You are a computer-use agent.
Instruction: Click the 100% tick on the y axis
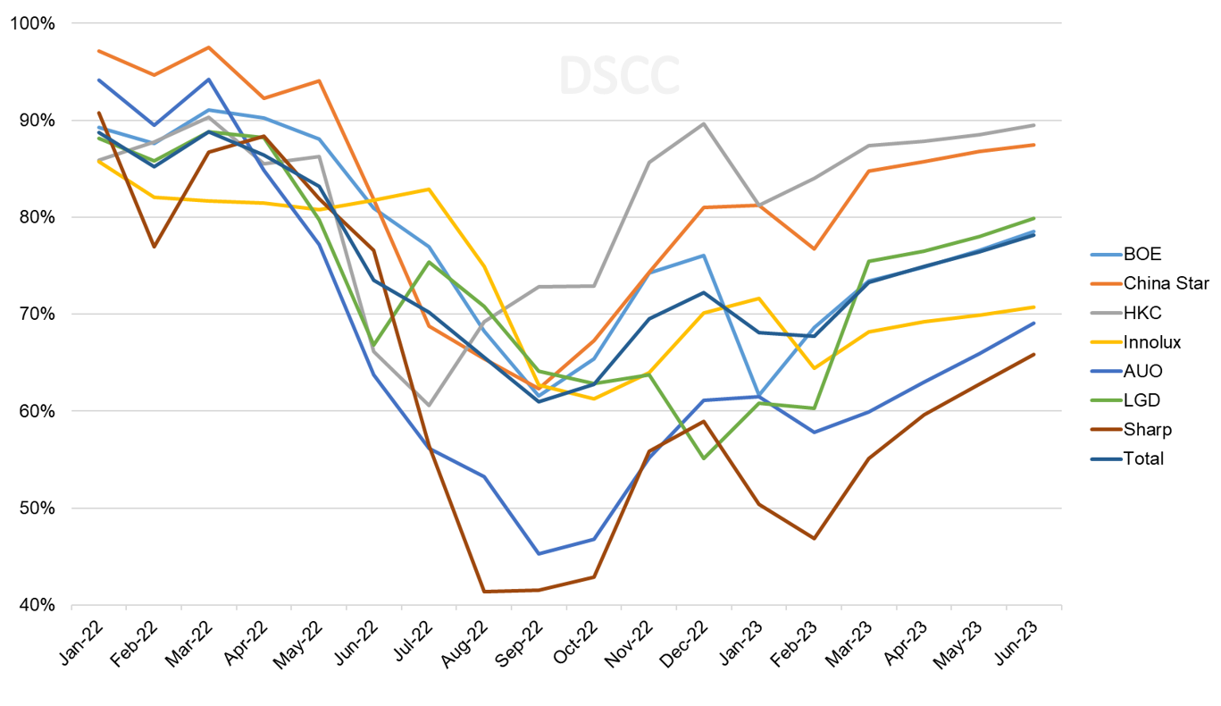pyautogui.click(x=31, y=23)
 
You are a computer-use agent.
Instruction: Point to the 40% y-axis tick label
pyautogui.click(x=35, y=605)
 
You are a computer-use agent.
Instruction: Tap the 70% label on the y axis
pyautogui.click(x=35, y=315)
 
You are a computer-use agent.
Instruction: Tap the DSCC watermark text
pyautogui.click(x=619, y=76)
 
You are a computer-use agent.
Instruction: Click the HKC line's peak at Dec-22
pyautogui.click(x=704, y=123)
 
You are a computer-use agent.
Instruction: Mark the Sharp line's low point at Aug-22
pyautogui.click(x=483, y=591)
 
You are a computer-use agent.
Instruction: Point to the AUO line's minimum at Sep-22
pyautogui.click(x=539, y=553)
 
